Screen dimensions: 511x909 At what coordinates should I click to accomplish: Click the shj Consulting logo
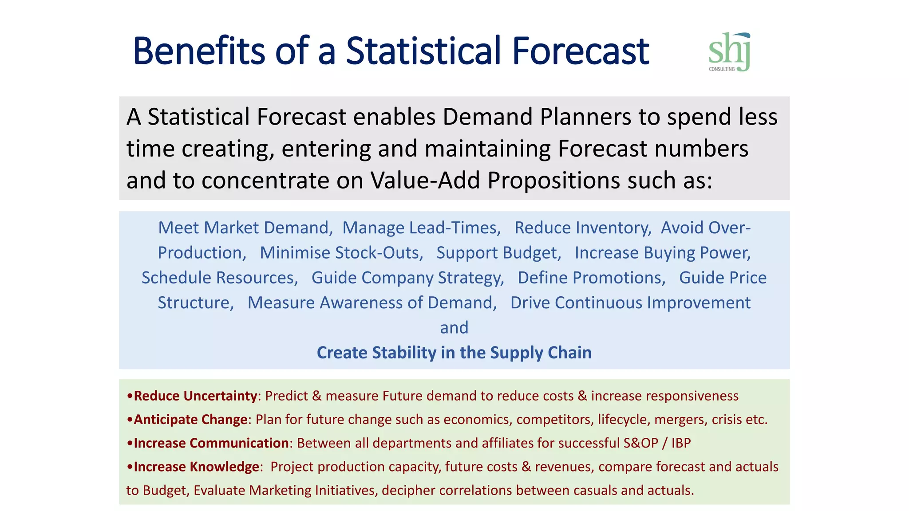click(729, 52)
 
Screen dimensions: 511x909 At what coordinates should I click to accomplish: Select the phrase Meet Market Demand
click(245, 228)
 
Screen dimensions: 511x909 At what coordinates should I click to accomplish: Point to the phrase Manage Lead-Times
click(421, 228)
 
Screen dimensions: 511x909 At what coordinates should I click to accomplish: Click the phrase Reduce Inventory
click(582, 228)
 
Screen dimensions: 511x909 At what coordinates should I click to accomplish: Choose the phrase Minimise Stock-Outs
click(341, 253)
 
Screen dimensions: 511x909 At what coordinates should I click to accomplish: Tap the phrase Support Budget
click(498, 253)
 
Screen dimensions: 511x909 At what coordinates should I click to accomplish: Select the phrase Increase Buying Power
click(662, 253)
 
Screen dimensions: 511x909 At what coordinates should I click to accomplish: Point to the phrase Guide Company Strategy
click(407, 278)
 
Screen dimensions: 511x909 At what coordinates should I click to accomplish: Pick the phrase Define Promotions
click(591, 278)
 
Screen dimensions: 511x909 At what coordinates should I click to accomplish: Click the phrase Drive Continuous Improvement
click(630, 303)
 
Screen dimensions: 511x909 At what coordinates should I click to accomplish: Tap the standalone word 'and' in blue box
click(454, 328)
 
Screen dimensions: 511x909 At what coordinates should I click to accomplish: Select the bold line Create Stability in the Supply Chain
click(454, 353)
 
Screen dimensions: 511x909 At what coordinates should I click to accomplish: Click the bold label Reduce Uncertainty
click(195, 396)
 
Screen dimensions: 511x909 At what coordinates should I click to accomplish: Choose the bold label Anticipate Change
click(190, 419)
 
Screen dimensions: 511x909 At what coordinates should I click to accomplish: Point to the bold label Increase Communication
click(211, 443)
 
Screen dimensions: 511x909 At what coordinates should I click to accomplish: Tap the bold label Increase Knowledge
click(196, 467)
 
